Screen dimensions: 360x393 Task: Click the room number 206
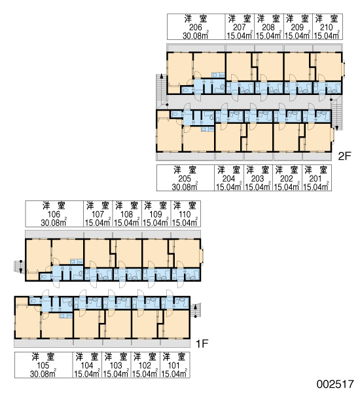tap(196, 27)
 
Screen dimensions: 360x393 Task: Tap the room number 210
tap(327, 27)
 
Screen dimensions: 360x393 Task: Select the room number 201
tap(315, 178)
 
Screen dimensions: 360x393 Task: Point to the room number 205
tap(185, 178)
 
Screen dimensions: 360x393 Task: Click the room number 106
tap(54, 214)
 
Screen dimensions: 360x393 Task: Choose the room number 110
tap(185, 214)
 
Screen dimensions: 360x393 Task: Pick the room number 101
tap(173, 365)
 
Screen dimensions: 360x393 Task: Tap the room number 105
tap(43, 365)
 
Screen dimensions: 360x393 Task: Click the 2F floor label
tap(345, 156)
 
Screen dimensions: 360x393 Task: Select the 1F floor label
tap(202, 344)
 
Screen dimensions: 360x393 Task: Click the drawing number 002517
tap(335, 384)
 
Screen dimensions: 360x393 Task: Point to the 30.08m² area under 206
tap(196, 35)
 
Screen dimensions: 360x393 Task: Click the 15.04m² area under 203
tap(257, 187)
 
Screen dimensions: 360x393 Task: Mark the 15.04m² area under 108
tap(126, 223)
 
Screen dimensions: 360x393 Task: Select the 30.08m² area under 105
tap(43, 374)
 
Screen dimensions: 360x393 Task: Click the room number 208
tap(268, 27)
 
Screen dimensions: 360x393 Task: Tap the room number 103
tap(116, 365)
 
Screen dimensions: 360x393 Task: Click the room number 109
tap(156, 214)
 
